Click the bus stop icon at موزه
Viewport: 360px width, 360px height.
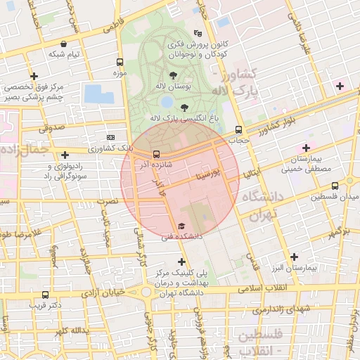point(119,62)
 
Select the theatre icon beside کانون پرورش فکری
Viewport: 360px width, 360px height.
point(198,33)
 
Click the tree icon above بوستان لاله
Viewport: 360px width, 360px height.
point(172,74)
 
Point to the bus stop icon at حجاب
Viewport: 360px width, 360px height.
point(239,129)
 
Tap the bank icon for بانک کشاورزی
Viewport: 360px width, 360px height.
point(110,137)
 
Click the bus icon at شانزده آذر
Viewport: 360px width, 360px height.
point(156,153)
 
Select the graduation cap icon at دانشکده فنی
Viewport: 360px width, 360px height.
point(181,226)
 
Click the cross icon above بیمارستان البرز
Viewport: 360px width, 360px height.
point(294,257)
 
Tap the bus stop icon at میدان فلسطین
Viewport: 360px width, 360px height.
point(335,186)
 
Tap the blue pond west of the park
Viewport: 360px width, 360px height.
point(94,94)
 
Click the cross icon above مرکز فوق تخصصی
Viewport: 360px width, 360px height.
point(33,76)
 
